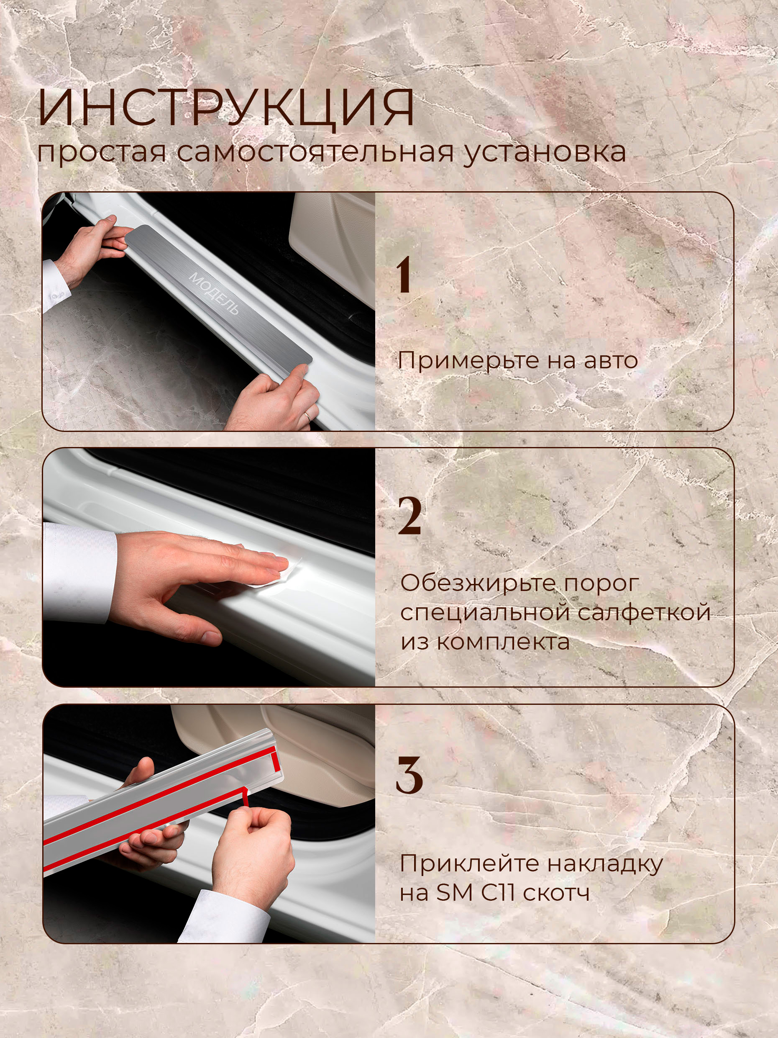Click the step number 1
click(x=404, y=275)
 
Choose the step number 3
click(x=409, y=776)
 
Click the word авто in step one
click(x=611, y=361)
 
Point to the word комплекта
click(x=503, y=642)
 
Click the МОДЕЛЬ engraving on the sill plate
click(x=214, y=293)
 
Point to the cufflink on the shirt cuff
click(x=58, y=295)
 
